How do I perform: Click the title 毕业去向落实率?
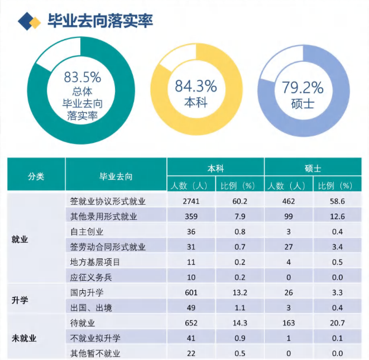coord(100,21)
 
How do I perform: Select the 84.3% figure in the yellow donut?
coord(195,86)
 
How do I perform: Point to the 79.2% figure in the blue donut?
coord(303,87)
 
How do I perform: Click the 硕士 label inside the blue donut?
coord(303,104)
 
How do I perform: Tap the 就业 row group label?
coord(20,239)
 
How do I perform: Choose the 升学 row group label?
coord(20,300)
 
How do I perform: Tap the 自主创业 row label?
coord(87,232)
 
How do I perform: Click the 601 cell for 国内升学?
coord(191,292)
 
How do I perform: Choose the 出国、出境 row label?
coord(91,308)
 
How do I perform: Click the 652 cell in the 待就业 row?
coord(191,323)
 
